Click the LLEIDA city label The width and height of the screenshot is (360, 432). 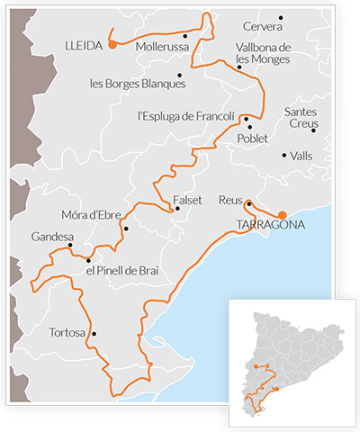click(x=85, y=44)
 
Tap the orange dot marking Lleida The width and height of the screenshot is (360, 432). click(x=112, y=43)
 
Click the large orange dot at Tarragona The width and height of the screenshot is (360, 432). click(x=283, y=215)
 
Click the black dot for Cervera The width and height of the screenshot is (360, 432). click(x=281, y=17)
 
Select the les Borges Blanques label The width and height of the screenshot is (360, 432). click(x=138, y=84)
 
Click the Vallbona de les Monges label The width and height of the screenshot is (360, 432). click(x=262, y=53)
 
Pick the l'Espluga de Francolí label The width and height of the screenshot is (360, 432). click(x=185, y=116)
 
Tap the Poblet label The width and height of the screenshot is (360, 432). click(x=253, y=139)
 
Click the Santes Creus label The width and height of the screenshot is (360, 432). click(x=301, y=117)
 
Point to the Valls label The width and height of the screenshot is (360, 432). click(x=301, y=156)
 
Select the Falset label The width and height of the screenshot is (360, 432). click(x=187, y=199)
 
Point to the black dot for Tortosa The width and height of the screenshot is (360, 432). click(x=94, y=334)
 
